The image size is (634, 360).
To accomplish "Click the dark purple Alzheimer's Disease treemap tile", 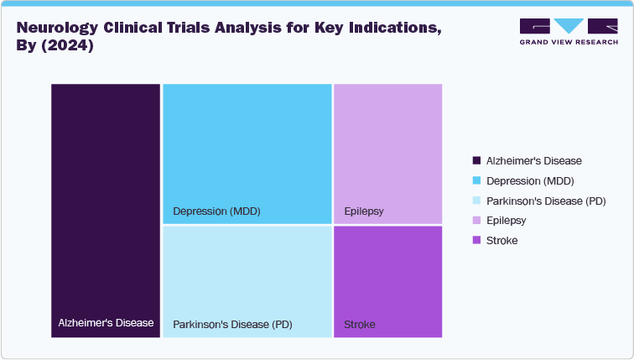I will tap(106, 201).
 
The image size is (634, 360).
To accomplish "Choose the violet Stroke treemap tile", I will tap(387, 277).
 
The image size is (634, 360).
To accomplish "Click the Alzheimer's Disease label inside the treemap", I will tap(106, 323).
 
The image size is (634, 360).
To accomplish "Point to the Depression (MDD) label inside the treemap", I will tap(216, 211).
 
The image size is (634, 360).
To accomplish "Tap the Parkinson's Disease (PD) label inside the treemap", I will tap(232, 324).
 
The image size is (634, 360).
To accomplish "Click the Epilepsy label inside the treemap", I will tap(364, 211).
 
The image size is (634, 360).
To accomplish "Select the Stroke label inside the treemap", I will tap(360, 324).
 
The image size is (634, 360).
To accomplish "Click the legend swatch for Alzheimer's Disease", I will tap(477, 160).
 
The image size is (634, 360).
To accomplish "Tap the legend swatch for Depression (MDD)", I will tap(477, 180).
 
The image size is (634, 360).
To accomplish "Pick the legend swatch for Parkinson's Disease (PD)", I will tap(477, 201).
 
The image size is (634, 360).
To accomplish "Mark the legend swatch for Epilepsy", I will tap(477, 220).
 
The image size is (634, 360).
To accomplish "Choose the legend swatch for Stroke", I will tap(477, 240).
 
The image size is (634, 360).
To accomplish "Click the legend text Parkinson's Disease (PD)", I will tap(546, 201).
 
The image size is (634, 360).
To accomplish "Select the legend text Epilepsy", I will tap(506, 220).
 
